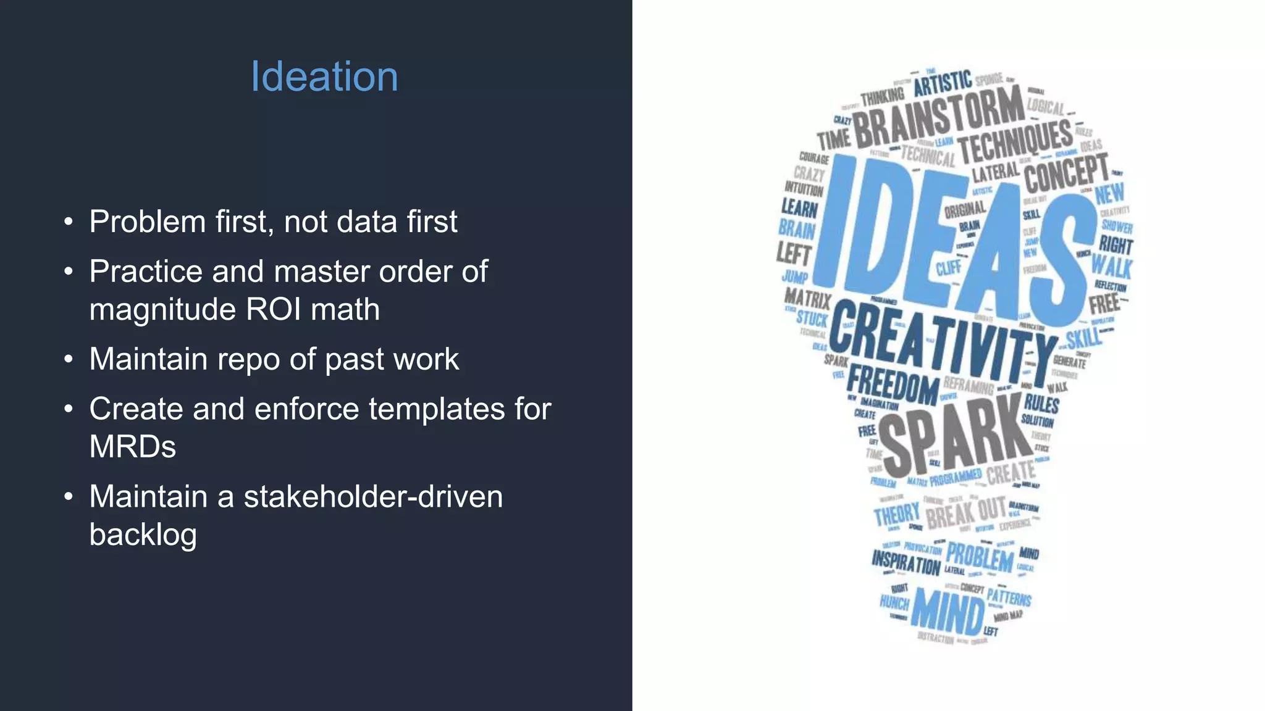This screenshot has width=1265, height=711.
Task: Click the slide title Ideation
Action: pos(324,77)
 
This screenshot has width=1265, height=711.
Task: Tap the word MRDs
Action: pos(132,447)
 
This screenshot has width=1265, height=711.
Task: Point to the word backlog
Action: pos(143,534)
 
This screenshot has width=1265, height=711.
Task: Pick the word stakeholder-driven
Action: pos(373,497)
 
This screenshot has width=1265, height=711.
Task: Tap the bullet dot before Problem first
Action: pos(69,222)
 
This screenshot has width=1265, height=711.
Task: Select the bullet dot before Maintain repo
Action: pos(69,359)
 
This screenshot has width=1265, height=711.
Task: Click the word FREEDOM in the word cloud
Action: pos(893,386)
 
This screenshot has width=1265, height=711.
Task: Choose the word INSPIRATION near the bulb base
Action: pos(906,563)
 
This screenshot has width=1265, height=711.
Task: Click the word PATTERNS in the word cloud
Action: pos(1009,597)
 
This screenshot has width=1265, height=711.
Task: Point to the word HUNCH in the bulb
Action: pos(894,602)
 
